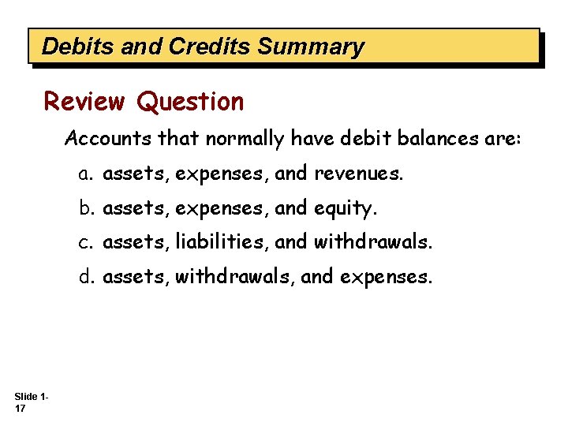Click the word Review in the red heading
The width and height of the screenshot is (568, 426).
[x=84, y=102]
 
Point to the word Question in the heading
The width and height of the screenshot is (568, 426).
[x=190, y=103]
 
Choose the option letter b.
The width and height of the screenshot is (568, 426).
[x=84, y=208]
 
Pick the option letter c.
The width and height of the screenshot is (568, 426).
[x=84, y=243]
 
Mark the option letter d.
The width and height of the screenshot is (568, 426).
[x=84, y=277]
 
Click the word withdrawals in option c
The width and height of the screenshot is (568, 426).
[x=373, y=243]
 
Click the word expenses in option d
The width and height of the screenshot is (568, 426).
[x=393, y=278]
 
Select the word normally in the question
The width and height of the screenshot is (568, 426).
[x=245, y=140]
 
